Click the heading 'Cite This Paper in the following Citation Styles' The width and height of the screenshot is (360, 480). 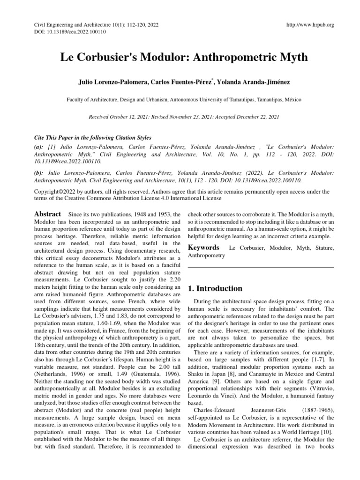(93, 138)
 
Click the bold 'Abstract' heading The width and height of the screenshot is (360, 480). (48, 214)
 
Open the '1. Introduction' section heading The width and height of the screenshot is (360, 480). (215, 288)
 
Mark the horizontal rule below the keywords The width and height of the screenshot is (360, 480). (261, 267)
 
